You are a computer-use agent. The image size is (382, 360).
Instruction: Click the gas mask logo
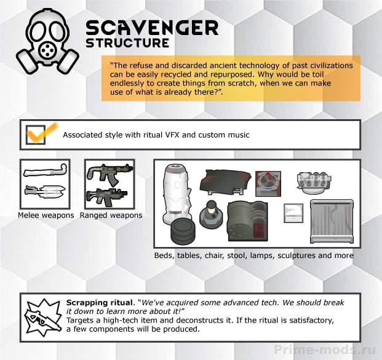coord(47,41)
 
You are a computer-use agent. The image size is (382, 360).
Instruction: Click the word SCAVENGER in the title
coord(152,28)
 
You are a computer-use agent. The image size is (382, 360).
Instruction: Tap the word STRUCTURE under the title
coord(127,43)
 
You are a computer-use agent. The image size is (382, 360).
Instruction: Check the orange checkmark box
coord(36,135)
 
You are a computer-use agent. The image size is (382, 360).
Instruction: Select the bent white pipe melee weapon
coord(46,171)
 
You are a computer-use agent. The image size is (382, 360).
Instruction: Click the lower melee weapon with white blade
coord(45,191)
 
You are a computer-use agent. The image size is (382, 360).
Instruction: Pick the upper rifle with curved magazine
coord(110,173)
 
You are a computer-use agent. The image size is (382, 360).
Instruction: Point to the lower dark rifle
coord(106,197)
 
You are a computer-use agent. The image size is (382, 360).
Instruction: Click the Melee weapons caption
coord(46,216)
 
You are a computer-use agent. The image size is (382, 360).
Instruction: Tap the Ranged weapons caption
coord(111,216)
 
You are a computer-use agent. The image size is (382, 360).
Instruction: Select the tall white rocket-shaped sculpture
coord(176,194)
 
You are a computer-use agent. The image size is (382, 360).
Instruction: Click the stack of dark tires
coord(183,230)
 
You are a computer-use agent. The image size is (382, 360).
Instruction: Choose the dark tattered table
coord(225,181)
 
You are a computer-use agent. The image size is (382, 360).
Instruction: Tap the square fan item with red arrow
coord(268,184)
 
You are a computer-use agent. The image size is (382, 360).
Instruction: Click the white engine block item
coord(314,182)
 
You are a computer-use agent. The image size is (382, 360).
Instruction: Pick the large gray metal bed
coord(332,221)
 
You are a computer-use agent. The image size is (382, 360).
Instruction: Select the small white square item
coord(293,213)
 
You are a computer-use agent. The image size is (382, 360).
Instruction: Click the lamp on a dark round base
coord(211,214)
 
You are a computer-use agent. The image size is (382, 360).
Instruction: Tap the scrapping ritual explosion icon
coord(43,317)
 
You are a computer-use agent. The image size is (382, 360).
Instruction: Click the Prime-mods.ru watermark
coord(325,350)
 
